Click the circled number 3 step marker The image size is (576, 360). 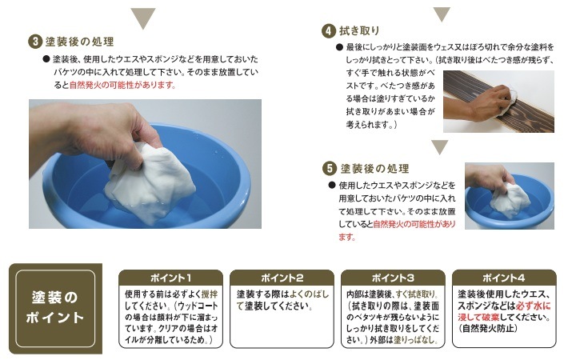35,42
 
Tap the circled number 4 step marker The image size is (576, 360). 329,31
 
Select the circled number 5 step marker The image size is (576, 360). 330,169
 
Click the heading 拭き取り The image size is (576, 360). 359,31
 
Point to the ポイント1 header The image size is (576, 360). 171,278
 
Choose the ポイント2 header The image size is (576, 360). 282,278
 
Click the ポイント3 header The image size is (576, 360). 393,278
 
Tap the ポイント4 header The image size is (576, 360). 504,278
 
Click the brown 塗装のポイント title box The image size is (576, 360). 55,308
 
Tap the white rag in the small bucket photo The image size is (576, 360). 510,199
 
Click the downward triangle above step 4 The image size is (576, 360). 442,14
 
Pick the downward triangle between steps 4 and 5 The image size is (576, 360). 440,147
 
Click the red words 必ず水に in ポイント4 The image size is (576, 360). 533,306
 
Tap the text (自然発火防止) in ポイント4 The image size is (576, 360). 487,328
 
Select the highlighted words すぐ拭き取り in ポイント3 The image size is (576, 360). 414,294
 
